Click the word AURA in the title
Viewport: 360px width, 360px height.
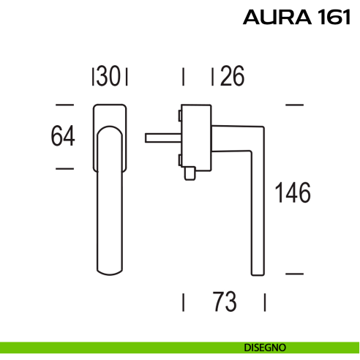[277, 17]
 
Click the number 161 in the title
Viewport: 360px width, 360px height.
[334, 17]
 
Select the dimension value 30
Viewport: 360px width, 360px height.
[108, 76]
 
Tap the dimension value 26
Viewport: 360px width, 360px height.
[232, 76]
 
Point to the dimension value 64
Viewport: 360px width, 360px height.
[63, 136]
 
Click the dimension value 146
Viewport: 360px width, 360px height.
[293, 192]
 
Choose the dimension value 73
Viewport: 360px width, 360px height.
[225, 301]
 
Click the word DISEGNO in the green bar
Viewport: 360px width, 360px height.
[265, 348]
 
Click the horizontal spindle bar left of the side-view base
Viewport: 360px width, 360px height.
[163, 138]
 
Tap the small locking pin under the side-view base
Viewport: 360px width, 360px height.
[190, 173]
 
